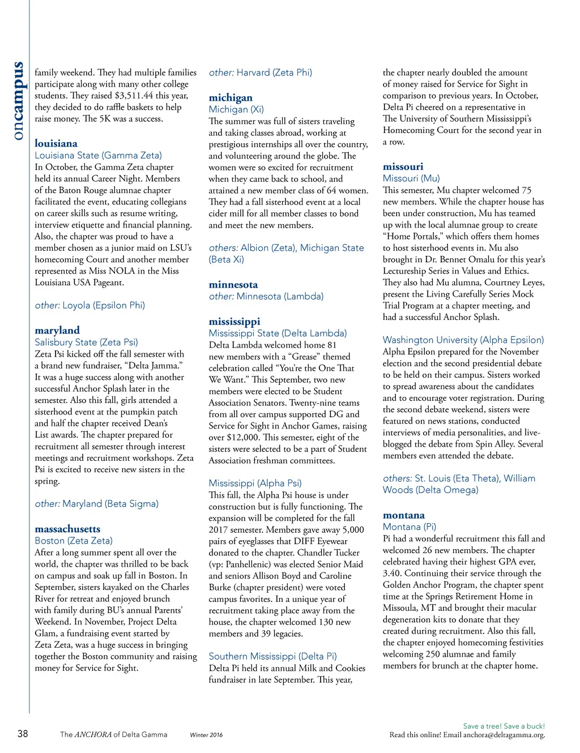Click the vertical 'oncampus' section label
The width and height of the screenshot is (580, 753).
[x=19, y=101]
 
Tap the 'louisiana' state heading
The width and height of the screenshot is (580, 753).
[x=56, y=143]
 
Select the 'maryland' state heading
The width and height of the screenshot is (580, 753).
[x=57, y=330]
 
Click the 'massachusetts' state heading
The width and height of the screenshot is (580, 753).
[x=67, y=529]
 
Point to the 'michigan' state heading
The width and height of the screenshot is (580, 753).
[x=231, y=97]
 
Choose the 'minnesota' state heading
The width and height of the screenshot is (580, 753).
[x=233, y=284]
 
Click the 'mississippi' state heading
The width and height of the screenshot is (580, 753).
[x=234, y=321]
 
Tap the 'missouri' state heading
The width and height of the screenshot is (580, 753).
[x=403, y=166]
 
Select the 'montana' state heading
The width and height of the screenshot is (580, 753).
[x=403, y=515]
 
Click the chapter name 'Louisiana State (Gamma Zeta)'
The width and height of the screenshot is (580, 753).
[x=98, y=155]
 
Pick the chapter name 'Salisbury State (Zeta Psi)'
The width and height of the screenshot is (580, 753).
[x=86, y=342]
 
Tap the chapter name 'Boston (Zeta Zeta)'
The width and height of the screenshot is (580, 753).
[x=74, y=541]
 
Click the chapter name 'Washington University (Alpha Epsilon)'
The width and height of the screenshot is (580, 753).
[x=463, y=340]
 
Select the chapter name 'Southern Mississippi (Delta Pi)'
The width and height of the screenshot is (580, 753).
[x=272, y=656]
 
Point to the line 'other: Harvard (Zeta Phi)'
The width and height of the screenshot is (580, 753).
[x=261, y=72]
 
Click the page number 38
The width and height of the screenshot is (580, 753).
[x=23, y=734]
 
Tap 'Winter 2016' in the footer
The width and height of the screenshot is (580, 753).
[x=206, y=735]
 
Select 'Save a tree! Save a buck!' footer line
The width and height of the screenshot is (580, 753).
[x=504, y=726]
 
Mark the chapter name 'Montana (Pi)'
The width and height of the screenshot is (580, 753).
[x=409, y=527]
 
